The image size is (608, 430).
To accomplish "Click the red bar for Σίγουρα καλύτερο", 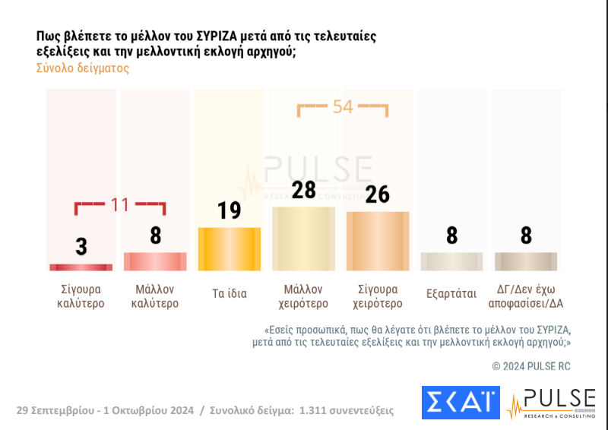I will [x=81, y=267].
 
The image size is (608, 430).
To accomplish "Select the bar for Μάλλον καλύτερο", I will [x=155, y=261].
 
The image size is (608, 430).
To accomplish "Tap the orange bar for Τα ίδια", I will [x=230, y=249].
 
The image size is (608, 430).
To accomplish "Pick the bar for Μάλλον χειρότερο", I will [x=303, y=239].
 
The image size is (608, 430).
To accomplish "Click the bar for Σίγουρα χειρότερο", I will [x=378, y=241].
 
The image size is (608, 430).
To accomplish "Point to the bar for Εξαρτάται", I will [x=451, y=261].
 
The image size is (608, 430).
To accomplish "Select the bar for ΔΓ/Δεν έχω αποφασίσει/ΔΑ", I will [x=526, y=261].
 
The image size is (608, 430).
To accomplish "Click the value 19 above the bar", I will [x=230, y=210].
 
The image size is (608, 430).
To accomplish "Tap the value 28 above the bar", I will [x=303, y=189].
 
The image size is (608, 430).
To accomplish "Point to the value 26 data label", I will [x=378, y=194].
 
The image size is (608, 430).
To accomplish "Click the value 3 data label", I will [x=81, y=246].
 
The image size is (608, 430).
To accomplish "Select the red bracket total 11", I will [x=120, y=204].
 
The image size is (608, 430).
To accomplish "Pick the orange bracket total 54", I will [x=343, y=107].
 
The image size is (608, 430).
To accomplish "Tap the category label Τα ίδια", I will [x=230, y=293].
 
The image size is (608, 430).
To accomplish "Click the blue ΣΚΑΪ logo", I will [x=461, y=402].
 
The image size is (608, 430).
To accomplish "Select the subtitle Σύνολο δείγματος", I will [x=82, y=68].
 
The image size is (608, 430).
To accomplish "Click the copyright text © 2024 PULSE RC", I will [x=530, y=366].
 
